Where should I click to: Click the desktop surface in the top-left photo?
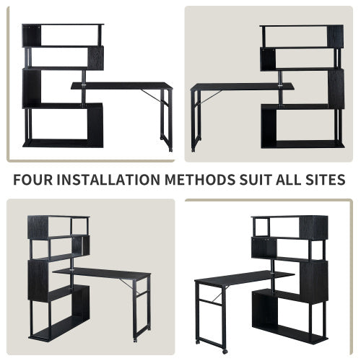(x=123, y=85)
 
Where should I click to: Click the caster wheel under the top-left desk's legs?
(x=171, y=149)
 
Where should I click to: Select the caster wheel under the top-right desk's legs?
(x=192, y=149)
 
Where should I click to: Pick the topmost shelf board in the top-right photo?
(x=302, y=27)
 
